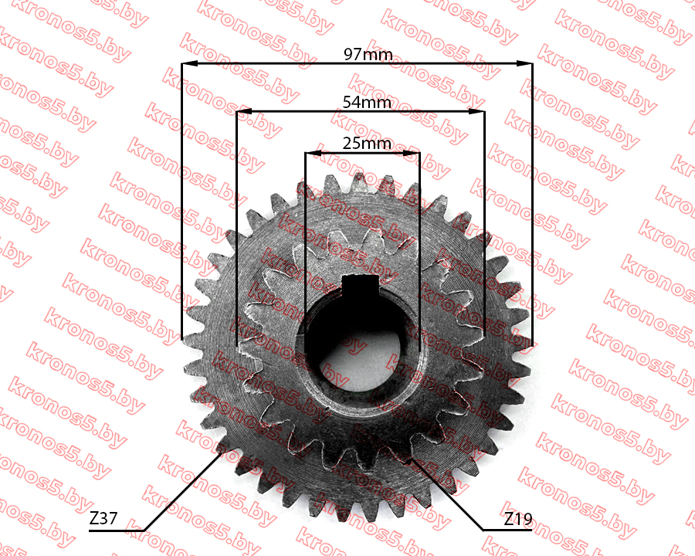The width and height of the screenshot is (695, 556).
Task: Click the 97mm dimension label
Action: click(x=368, y=55)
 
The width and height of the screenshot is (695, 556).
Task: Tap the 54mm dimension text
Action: click(x=367, y=103)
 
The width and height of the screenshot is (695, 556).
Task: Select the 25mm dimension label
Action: click(x=367, y=143)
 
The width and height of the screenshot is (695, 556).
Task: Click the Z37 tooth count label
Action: click(x=103, y=518)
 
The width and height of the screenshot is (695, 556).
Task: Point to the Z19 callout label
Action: click(x=517, y=519)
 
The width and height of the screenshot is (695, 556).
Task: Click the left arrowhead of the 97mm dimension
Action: click(x=189, y=64)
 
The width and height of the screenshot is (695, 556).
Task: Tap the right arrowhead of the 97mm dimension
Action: click(x=524, y=64)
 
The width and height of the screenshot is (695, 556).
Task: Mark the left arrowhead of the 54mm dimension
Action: click(x=244, y=111)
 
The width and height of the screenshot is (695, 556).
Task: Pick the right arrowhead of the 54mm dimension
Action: click(x=476, y=111)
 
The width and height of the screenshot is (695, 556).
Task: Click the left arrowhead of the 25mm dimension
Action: click(x=313, y=153)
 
